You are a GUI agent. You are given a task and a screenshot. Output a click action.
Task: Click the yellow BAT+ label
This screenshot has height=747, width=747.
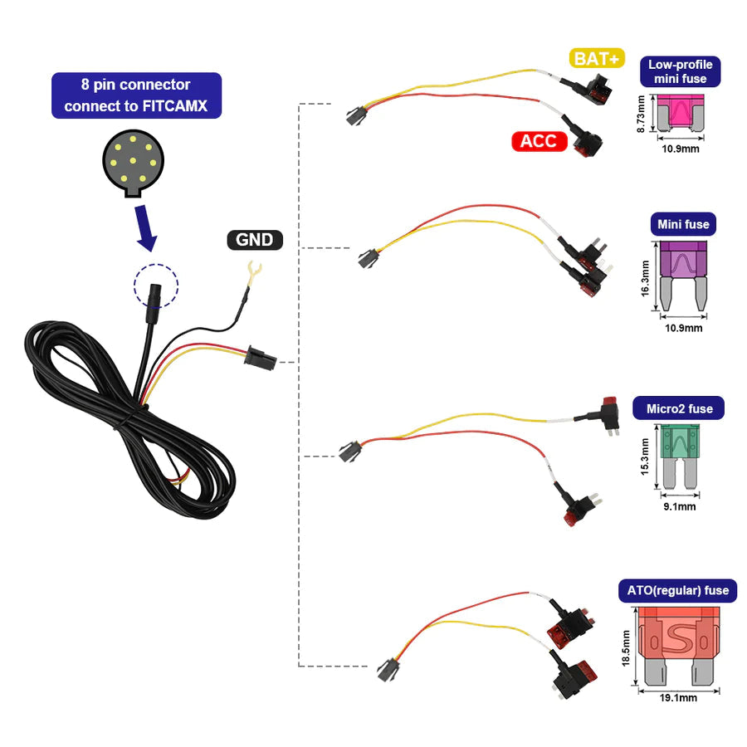596,58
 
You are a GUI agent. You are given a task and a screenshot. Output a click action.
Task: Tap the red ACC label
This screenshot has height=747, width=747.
539,141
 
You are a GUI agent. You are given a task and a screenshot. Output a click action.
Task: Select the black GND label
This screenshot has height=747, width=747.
255,240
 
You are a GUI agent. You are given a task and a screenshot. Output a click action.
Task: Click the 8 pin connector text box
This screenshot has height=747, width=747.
137,95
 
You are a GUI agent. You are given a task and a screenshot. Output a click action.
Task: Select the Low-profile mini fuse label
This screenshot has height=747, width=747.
680,71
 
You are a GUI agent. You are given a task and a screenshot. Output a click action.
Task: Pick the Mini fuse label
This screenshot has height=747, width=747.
683,224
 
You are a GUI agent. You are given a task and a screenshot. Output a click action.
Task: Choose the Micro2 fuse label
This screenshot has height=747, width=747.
678,408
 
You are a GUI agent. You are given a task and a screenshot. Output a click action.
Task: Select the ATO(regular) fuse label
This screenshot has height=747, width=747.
677,591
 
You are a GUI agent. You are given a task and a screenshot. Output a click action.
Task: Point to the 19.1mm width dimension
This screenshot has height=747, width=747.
679,698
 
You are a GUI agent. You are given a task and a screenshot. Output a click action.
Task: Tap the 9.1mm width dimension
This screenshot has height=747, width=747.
679,506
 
